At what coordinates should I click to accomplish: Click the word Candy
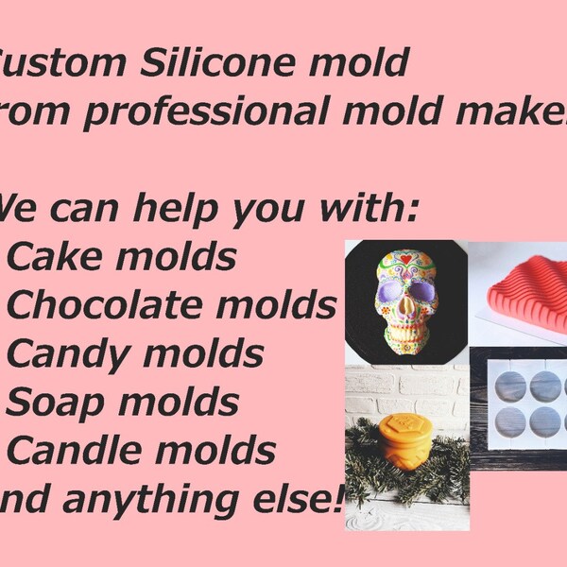tap(71, 354)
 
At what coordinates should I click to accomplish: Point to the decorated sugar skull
tap(404, 302)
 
